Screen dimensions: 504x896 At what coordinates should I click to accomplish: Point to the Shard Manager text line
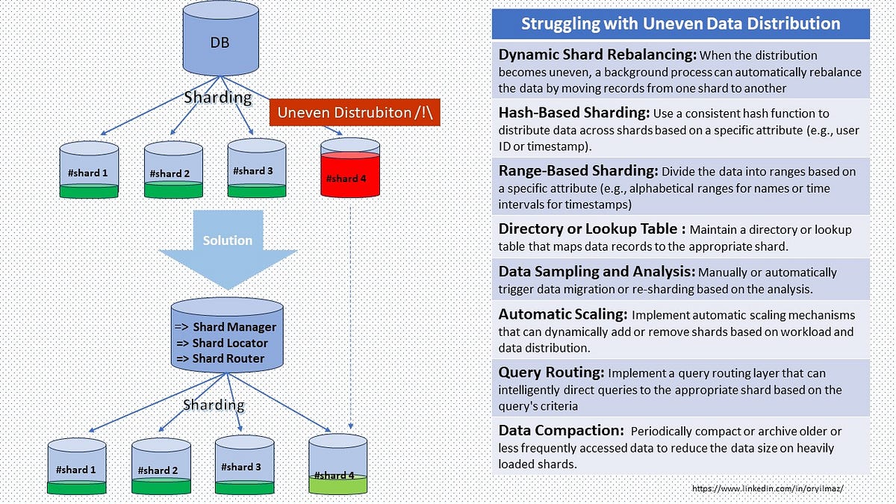coord(226,327)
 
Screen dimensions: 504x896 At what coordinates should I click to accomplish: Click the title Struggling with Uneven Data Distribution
coord(680,23)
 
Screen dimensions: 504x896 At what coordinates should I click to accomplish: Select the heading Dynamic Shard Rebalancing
coord(597,55)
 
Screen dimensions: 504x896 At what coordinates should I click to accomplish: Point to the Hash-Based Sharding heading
coord(573,113)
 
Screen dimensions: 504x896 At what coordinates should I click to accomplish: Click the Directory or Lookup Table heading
coord(591,229)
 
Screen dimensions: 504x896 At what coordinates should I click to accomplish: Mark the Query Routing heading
coord(551,373)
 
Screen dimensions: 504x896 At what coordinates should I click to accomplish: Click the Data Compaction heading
coord(561,431)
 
